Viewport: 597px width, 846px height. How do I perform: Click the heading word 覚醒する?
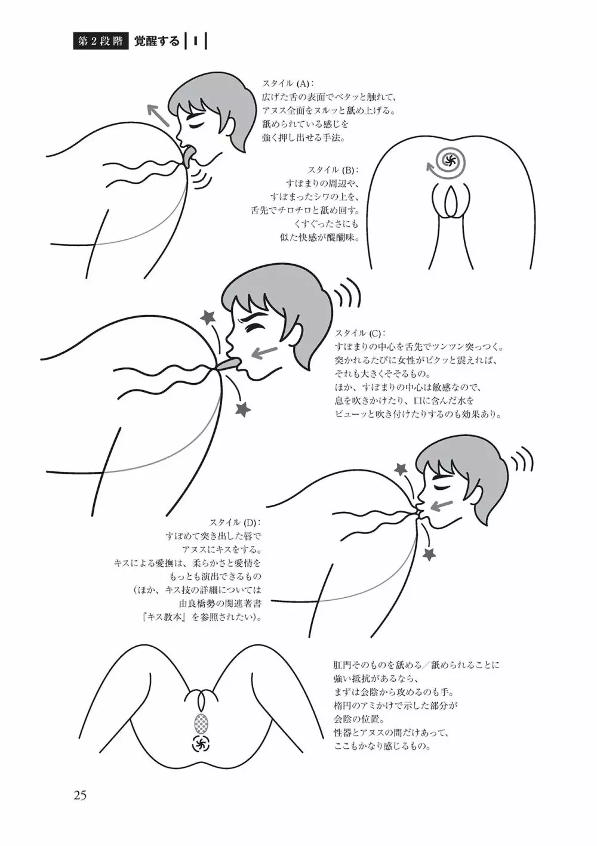[x=157, y=41]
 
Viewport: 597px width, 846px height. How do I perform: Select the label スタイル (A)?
[x=288, y=84]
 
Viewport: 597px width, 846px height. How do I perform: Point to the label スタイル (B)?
[x=333, y=170]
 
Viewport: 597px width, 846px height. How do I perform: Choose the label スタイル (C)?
[x=361, y=333]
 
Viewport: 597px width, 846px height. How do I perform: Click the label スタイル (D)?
[x=235, y=523]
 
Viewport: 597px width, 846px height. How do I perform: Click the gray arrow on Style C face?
[x=266, y=351]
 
